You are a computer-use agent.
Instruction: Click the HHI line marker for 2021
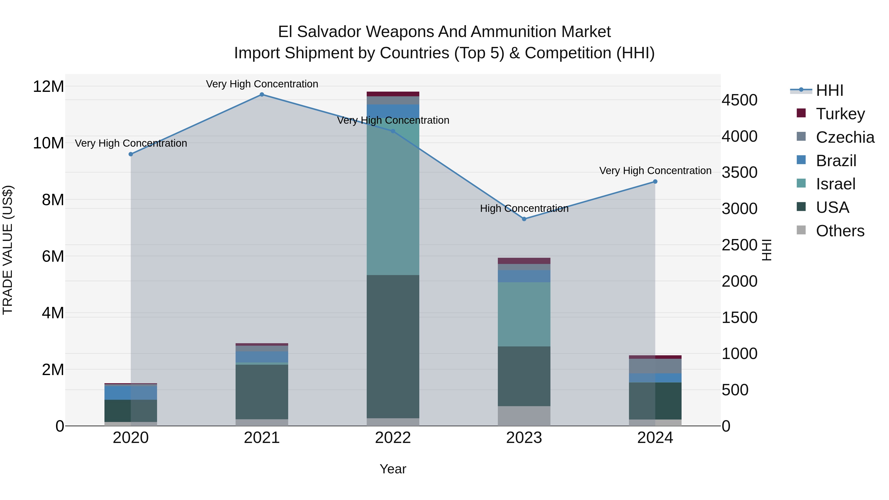(262, 95)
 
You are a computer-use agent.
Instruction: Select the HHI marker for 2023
(524, 219)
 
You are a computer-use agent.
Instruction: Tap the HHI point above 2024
(655, 181)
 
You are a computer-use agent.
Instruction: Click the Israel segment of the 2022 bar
(393, 197)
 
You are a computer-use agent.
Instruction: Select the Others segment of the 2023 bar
(524, 416)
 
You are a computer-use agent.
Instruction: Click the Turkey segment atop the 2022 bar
(393, 94)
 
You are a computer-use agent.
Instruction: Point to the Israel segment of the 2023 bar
(524, 314)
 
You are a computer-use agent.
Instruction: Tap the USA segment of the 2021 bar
(262, 392)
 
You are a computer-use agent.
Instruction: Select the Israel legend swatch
(801, 183)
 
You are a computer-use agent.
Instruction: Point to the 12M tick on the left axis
(48, 86)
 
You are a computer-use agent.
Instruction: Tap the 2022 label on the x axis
(393, 438)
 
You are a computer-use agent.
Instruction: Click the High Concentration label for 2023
(524, 208)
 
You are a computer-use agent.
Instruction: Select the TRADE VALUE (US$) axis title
(8, 250)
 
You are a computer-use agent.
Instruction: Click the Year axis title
(393, 469)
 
